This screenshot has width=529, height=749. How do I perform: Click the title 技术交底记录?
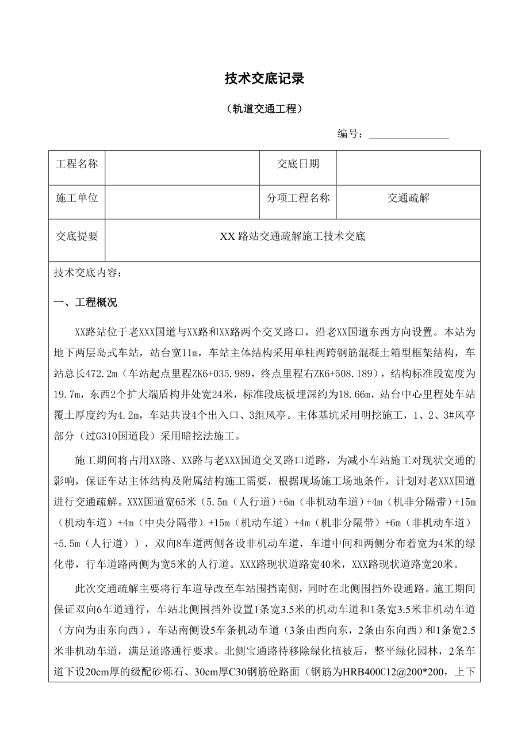[x=264, y=79]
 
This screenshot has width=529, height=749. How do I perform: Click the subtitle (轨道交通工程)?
[x=264, y=109]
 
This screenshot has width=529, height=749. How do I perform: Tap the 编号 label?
[x=350, y=134]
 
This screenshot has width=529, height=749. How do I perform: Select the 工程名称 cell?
[x=77, y=164]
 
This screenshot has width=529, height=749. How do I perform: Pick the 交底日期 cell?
[x=298, y=164]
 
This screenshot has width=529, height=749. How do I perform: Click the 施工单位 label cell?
[x=77, y=198]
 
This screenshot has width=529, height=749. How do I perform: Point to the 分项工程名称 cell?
[x=298, y=198]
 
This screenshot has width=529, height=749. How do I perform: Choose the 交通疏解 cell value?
[x=408, y=198]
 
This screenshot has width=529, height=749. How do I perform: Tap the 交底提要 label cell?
[x=77, y=236]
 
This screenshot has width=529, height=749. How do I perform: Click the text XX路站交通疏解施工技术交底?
[x=293, y=236]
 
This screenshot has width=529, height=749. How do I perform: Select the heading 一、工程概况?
[x=85, y=303]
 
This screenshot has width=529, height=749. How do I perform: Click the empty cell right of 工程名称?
[x=182, y=164]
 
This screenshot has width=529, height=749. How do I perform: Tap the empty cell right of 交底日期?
[x=408, y=164]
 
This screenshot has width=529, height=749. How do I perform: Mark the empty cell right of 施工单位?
[x=182, y=198]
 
